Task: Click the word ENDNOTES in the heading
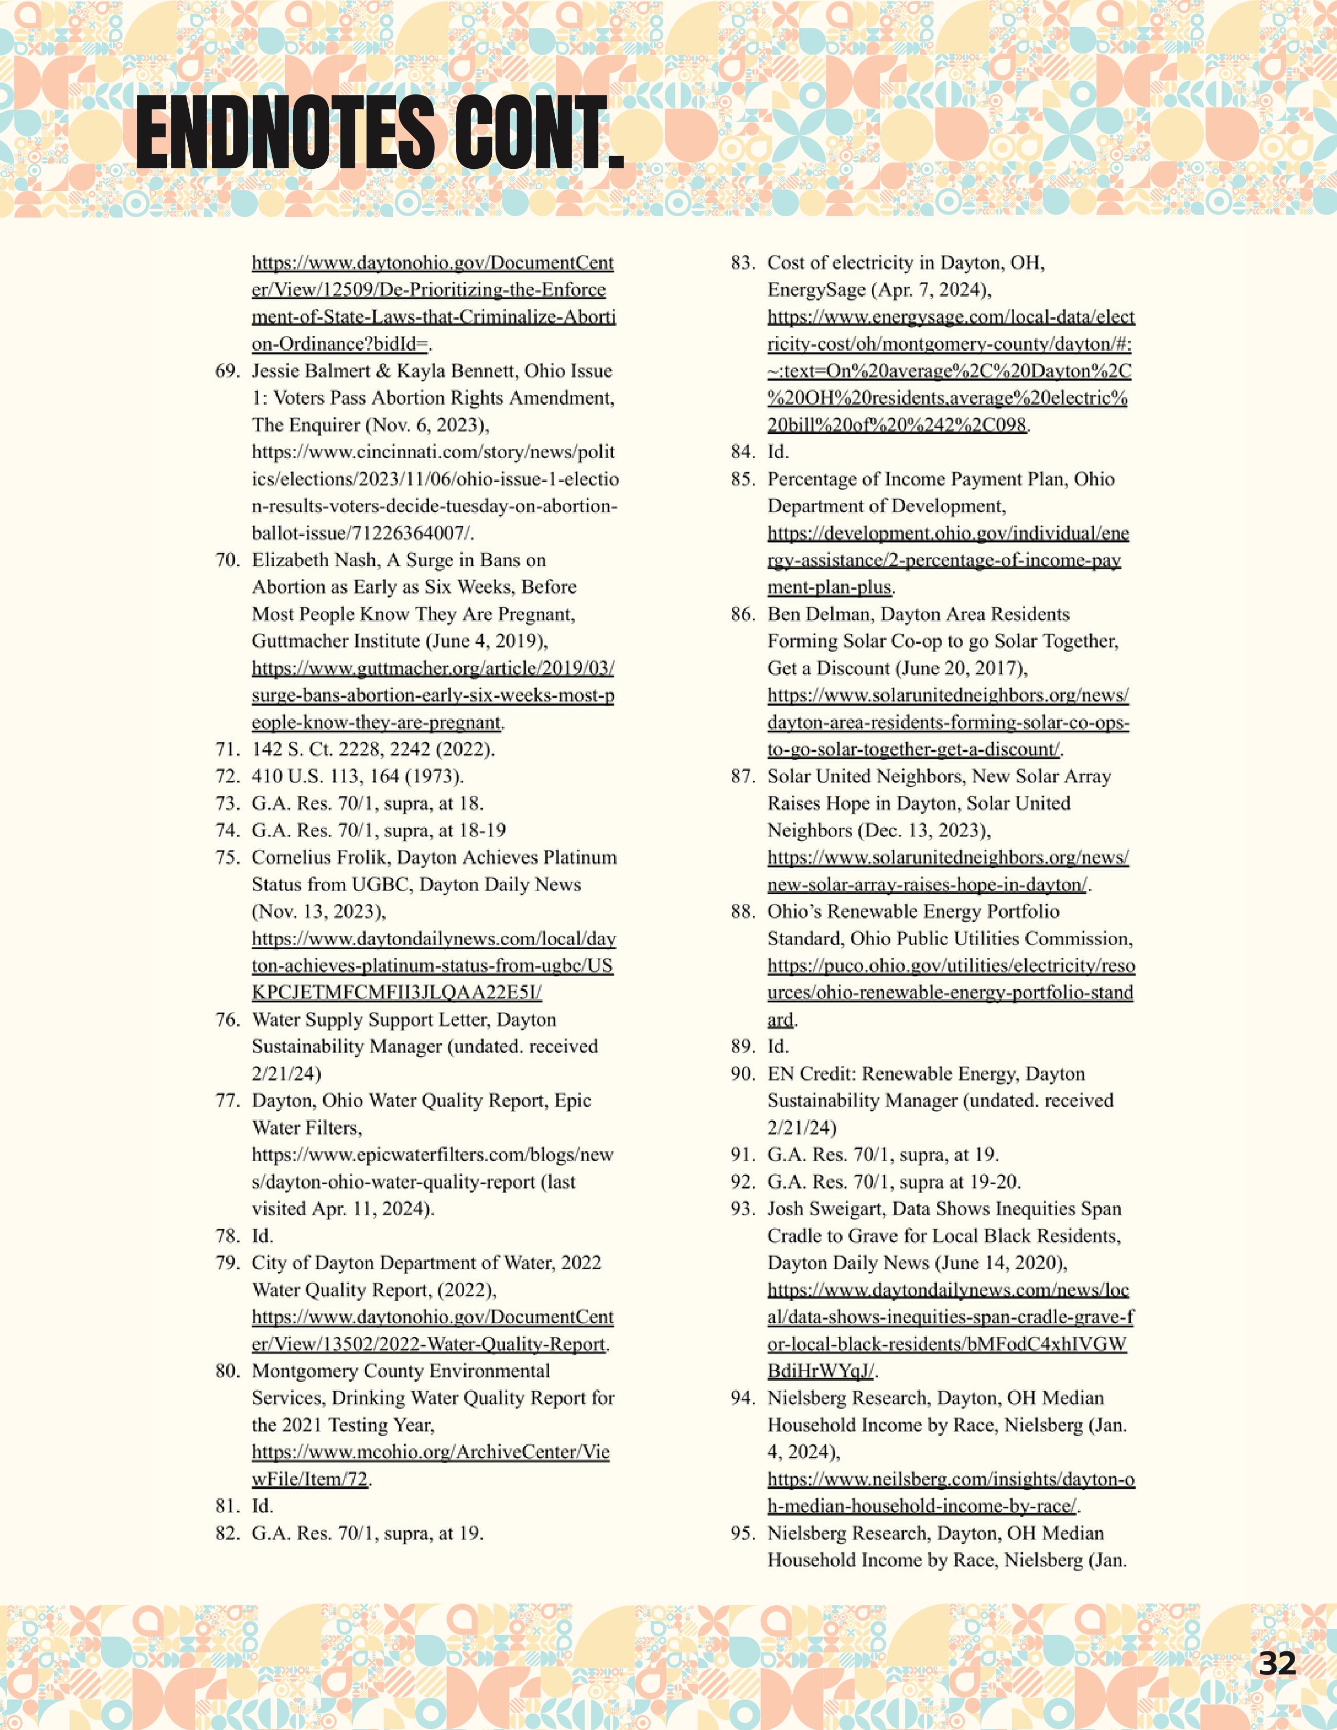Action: coord(285,133)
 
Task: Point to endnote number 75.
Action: coord(228,858)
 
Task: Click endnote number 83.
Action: coord(743,263)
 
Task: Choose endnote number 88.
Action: coord(743,912)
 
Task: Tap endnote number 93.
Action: coord(743,1209)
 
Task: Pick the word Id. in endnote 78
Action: coord(262,1236)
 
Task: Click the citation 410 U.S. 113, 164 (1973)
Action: coord(357,776)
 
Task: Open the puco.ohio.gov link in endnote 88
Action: coord(951,966)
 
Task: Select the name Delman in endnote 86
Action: coord(838,615)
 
